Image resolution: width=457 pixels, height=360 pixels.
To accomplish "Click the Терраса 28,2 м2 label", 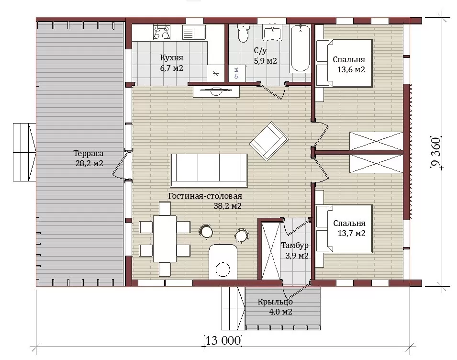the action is coord(89,158).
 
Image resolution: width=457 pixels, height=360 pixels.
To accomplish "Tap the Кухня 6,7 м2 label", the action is coord(172,63).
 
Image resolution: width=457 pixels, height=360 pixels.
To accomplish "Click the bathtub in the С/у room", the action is coord(300,48).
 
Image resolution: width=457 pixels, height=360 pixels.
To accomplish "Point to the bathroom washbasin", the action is coord(272,32).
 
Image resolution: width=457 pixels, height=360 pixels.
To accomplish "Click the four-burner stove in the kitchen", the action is coord(162,32).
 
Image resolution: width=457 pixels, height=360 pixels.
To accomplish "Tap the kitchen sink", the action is coord(194,32).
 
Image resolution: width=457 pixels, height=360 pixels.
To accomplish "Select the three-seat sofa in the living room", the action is coord(209,170).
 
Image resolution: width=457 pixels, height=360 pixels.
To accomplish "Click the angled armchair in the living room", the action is coord(269,141).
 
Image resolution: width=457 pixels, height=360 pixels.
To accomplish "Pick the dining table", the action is coord(165,238).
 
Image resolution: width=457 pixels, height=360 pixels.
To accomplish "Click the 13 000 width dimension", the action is coord(223,340).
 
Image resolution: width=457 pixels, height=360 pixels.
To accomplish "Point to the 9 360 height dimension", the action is coord(436,152).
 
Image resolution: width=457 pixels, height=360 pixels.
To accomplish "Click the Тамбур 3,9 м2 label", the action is coord(295,250).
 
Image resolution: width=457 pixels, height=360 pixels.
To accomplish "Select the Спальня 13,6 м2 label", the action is coord(349,65).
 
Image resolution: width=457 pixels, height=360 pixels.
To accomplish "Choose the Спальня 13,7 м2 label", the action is coord(349,228).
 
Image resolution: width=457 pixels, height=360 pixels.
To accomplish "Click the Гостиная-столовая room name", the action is coord(205,196).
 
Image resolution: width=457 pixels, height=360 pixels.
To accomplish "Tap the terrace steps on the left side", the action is coord(24,152).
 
